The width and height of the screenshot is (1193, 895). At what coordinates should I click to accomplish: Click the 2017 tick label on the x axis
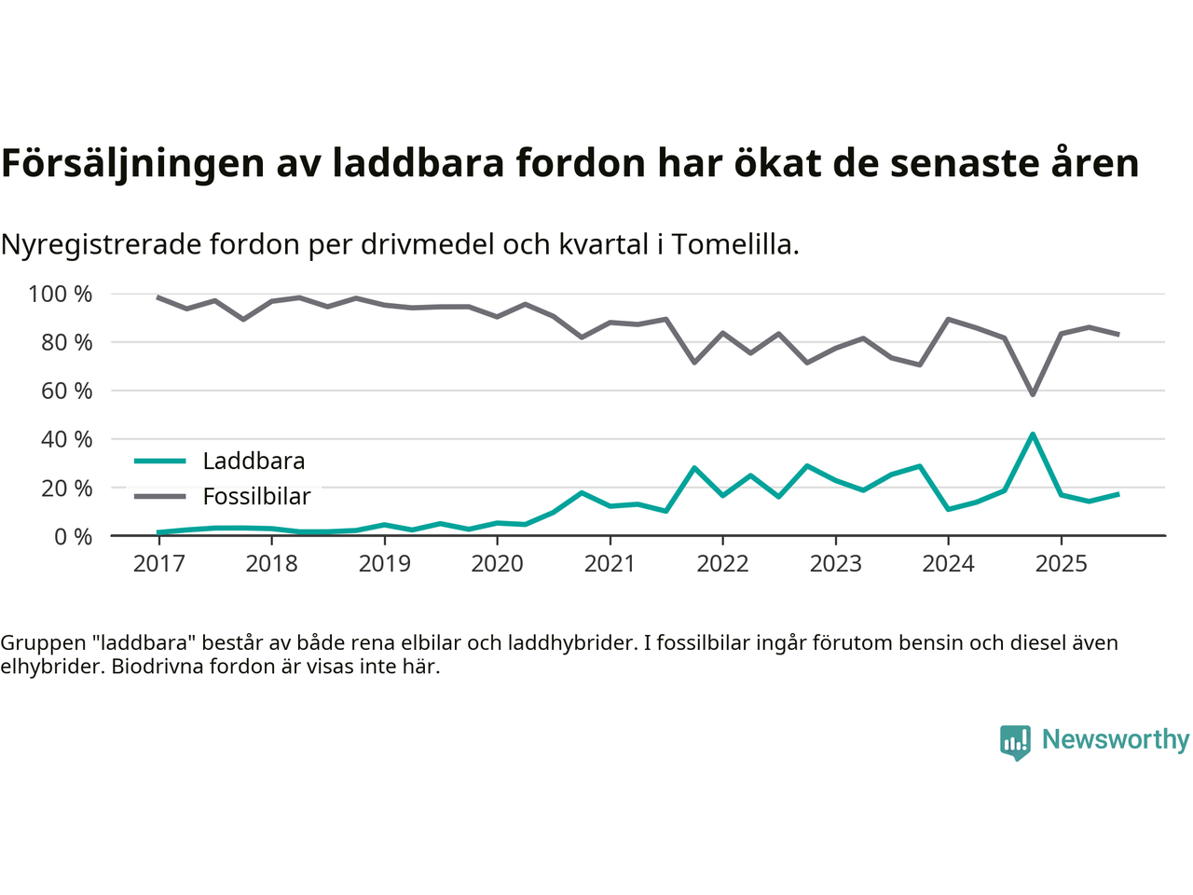[x=158, y=564]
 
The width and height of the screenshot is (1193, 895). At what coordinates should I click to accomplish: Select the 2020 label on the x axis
[x=497, y=564]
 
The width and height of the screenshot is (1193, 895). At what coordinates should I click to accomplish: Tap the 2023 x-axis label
[x=835, y=564]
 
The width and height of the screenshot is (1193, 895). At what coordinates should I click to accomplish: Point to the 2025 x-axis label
[x=1061, y=564]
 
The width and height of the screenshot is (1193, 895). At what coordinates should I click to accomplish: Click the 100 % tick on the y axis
[x=61, y=295]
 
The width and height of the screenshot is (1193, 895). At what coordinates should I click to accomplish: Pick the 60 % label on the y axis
[x=66, y=391]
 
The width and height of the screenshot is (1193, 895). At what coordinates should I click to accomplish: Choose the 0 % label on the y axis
[x=72, y=536]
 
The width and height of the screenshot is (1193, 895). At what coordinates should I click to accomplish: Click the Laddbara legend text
[x=254, y=461]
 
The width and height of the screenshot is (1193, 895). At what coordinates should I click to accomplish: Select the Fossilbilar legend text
[x=256, y=497]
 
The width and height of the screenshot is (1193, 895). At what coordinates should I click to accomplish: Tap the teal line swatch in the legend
[x=159, y=461]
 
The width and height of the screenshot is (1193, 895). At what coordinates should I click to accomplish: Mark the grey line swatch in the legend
[x=159, y=496]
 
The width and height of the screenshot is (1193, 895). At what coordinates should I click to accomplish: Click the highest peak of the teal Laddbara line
[x=1033, y=434]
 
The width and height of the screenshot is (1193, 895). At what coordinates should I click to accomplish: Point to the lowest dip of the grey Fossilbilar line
[x=1033, y=394]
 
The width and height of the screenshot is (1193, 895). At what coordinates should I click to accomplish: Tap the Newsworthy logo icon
[x=1015, y=742]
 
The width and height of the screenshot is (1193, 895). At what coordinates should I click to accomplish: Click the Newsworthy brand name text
[x=1115, y=739]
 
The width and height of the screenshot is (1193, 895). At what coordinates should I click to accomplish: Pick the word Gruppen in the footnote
[x=37, y=643]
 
